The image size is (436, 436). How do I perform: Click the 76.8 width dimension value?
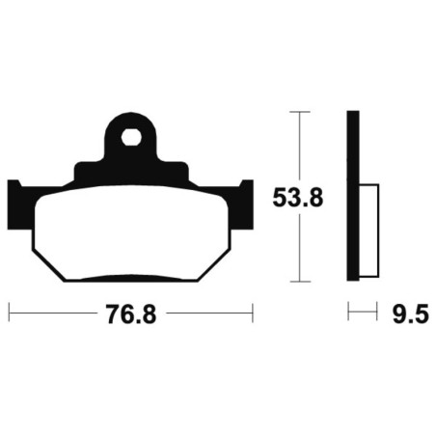pyautogui.click(x=131, y=314)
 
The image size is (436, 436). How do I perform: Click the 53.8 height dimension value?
pyautogui.click(x=297, y=198)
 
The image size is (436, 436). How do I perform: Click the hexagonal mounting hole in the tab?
pyautogui.click(x=131, y=138)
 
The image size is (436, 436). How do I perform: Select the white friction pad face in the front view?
pyautogui.click(x=131, y=233)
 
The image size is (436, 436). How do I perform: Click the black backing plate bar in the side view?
pyautogui.click(x=353, y=196)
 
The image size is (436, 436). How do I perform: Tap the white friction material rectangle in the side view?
pyautogui.click(x=368, y=231)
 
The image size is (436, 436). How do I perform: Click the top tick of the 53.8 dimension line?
pyautogui.click(x=300, y=112)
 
